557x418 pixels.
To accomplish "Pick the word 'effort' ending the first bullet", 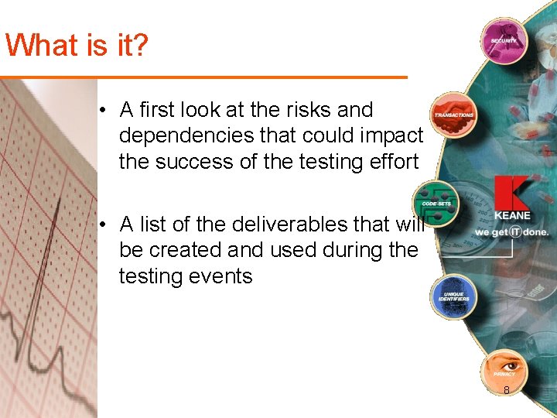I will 392,163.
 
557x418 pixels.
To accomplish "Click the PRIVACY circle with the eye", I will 503,370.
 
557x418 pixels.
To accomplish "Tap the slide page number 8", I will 507,390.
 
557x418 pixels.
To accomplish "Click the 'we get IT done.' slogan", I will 511,232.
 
